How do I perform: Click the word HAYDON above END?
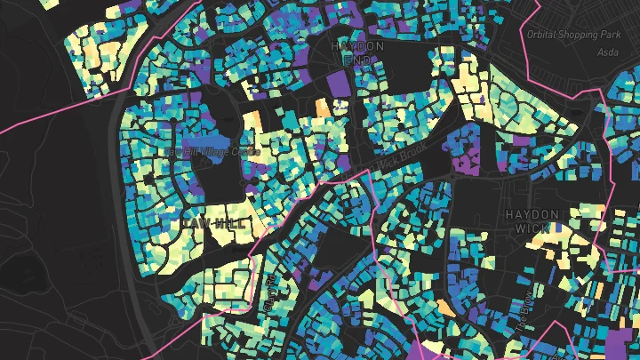click(x=356, y=45)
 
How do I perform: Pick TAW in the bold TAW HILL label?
click(x=194, y=221)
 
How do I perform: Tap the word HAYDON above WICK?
click(x=532, y=215)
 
